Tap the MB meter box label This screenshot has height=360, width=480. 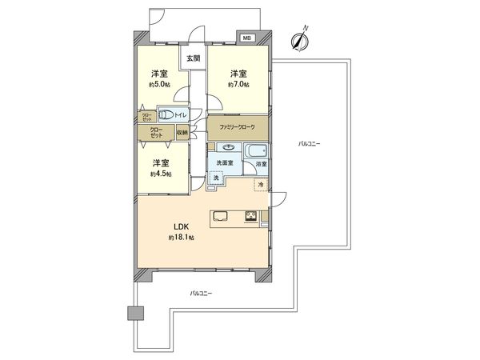[246, 38]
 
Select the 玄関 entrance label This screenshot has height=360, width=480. [194, 58]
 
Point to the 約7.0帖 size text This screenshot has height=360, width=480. [238, 83]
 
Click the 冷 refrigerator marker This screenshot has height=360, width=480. [261, 185]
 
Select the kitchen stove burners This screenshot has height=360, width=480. [250, 215]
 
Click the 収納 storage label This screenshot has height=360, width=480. [182, 133]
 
